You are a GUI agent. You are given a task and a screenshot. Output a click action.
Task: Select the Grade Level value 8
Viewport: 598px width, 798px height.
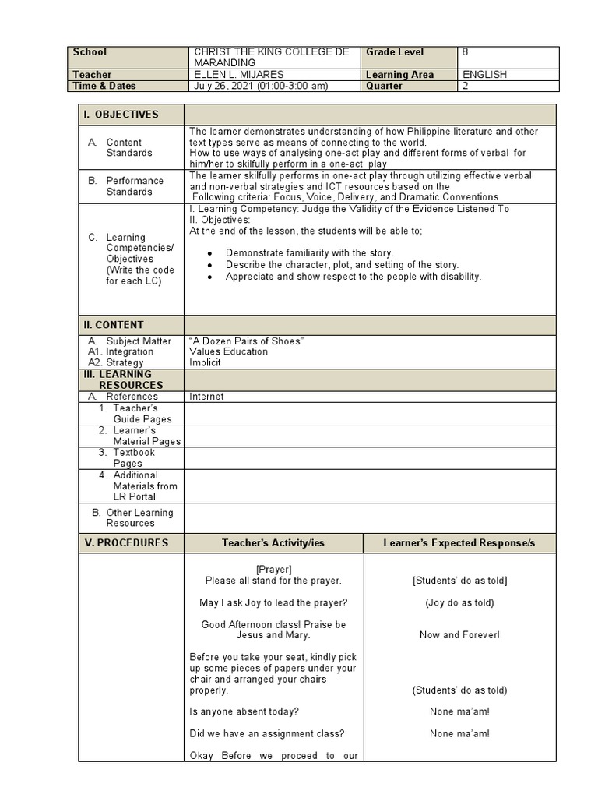pos(466,52)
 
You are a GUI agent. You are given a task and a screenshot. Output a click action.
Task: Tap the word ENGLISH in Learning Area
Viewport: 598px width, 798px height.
pos(484,75)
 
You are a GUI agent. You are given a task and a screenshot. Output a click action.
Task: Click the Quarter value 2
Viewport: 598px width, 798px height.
pos(466,86)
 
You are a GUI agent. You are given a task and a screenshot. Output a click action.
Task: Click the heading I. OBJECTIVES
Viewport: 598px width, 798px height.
pos(121,115)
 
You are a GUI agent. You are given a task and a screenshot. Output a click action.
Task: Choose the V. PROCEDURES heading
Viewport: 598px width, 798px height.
pos(125,542)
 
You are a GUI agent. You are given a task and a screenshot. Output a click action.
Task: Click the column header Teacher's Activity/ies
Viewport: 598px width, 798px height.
pos(273,542)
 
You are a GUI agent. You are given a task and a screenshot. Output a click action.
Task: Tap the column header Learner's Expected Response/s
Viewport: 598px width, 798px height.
pos(459,542)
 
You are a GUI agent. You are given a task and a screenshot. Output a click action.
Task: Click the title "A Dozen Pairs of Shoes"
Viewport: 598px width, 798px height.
pos(246,341)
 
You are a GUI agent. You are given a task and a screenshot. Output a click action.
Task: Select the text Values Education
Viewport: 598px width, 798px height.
pos(228,351)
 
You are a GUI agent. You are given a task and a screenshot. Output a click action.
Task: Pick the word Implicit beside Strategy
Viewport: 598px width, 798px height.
pos(205,362)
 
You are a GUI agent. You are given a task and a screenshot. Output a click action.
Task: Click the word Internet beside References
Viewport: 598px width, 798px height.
pos(206,397)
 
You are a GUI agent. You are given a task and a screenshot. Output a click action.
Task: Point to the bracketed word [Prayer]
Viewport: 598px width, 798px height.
pos(273,570)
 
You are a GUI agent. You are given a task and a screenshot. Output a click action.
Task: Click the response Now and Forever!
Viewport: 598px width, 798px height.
pos(459,635)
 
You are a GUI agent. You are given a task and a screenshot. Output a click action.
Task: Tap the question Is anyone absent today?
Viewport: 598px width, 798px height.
pos(244,711)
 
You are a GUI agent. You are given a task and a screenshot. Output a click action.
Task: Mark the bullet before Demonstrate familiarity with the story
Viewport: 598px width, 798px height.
pos(211,253)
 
